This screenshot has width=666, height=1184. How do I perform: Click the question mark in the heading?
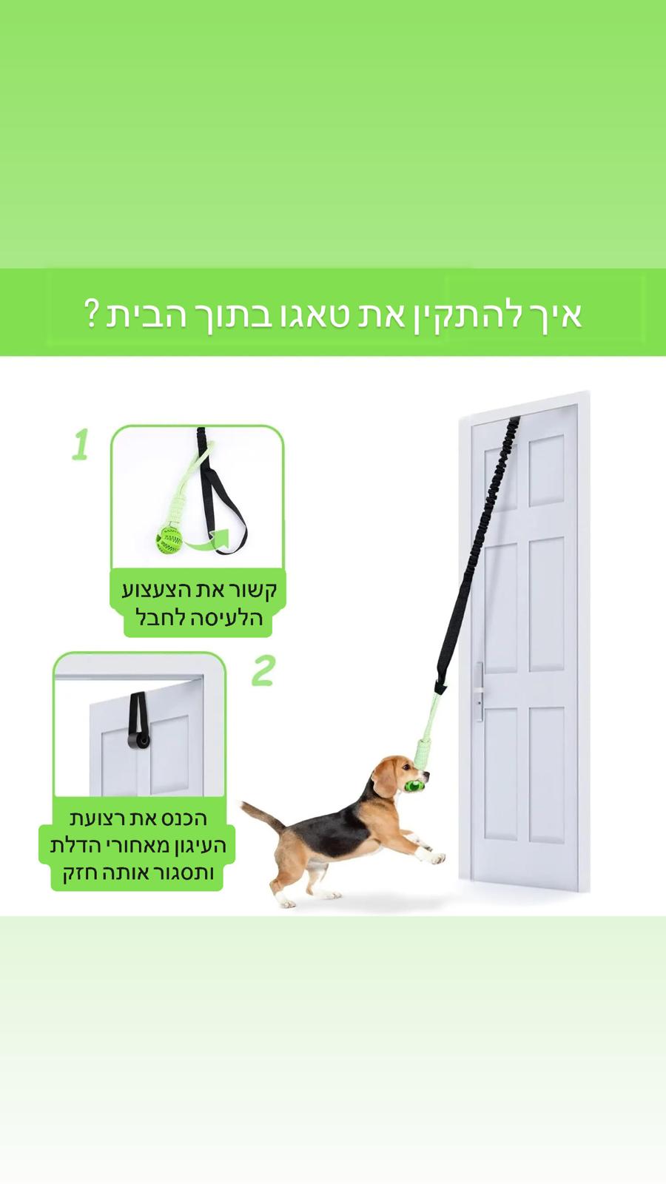point(92,314)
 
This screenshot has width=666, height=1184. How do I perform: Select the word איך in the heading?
point(554,314)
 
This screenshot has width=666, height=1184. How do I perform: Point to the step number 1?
point(81,445)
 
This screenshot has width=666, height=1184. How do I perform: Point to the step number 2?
point(263,670)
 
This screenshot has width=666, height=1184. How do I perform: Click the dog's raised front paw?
point(437,858)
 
